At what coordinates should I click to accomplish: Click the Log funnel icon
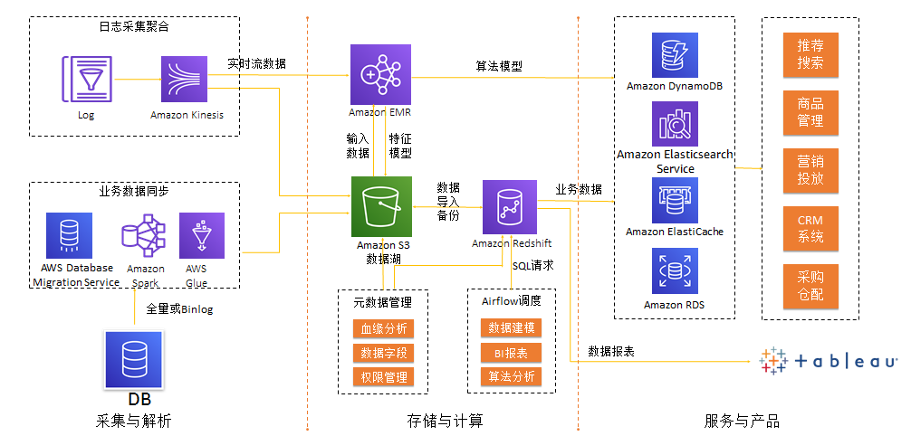coord(86,80)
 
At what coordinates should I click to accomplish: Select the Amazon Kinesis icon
coord(187,80)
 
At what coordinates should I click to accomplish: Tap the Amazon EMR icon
coord(380,75)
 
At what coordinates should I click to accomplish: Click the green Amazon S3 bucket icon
coord(381,206)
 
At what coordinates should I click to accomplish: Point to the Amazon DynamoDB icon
coord(675,55)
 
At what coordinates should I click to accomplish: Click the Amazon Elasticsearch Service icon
coord(675,124)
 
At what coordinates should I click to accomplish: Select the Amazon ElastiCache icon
coord(675,200)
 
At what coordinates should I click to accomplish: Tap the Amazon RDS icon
coord(675,272)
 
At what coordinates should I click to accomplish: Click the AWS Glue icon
coord(197,236)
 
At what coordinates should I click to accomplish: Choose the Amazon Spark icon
coord(145,236)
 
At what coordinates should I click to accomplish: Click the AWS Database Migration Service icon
coord(69,236)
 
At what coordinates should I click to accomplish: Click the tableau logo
coord(828,360)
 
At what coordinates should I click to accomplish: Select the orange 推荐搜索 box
coord(810,54)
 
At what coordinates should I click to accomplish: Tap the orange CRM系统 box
coord(810,229)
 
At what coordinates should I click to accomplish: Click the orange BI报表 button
coord(511,353)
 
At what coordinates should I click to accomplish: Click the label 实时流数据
coord(256,63)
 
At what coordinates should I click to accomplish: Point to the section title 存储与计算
coord(445,422)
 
